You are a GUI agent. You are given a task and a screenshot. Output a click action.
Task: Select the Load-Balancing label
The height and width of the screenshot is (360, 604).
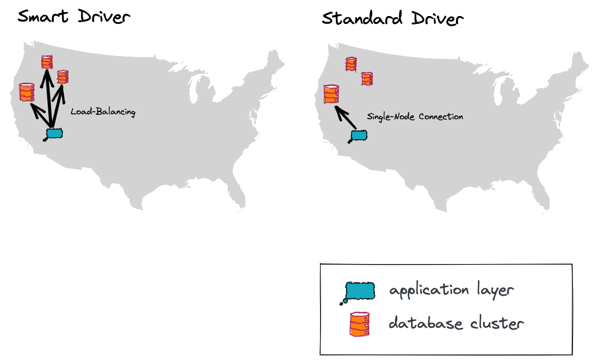(x=103, y=112)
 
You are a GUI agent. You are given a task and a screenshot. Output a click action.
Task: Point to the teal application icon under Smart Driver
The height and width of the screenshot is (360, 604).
(x=54, y=133)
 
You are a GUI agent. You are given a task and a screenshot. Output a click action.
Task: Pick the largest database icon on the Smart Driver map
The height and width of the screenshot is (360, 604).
(x=26, y=92)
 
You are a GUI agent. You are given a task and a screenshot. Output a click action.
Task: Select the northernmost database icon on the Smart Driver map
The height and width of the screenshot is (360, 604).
(x=47, y=62)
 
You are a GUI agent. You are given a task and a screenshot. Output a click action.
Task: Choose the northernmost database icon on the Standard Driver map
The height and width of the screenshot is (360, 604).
(x=351, y=64)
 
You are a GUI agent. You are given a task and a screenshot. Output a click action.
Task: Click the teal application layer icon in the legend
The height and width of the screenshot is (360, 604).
(x=359, y=291)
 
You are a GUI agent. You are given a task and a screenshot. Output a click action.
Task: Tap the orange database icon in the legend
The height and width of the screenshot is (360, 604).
(x=359, y=324)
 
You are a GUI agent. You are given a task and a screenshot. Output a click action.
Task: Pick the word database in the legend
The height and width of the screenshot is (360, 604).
(x=425, y=323)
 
